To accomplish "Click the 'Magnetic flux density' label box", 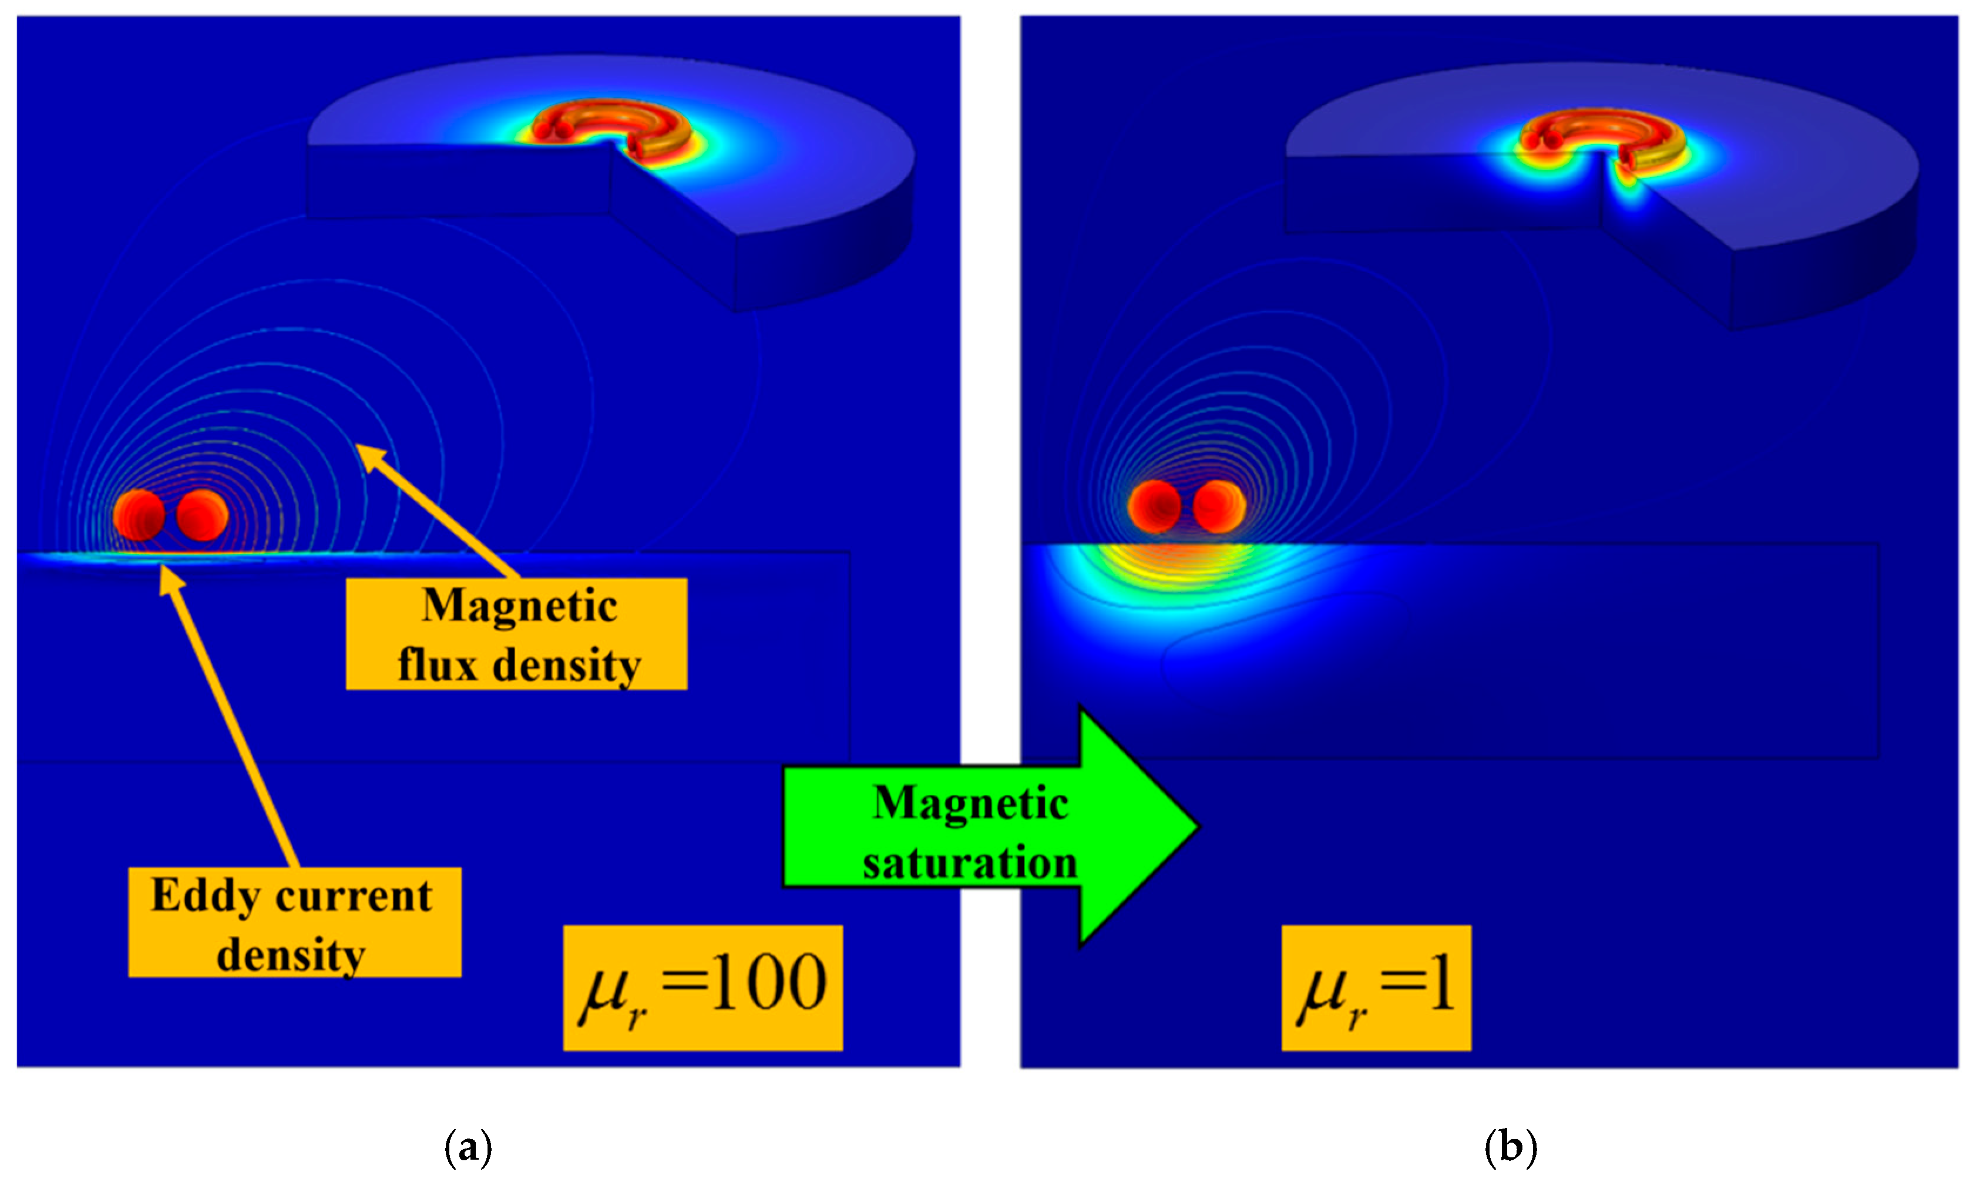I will [x=516, y=634].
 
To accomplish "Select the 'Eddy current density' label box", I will [x=295, y=922].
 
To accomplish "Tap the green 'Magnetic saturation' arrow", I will [x=987, y=828].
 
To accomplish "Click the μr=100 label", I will [x=702, y=988].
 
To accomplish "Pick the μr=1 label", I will [x=1376, y=988].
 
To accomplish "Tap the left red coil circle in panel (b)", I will [x=1154, y=506].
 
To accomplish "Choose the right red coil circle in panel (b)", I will [x=1219, y=506].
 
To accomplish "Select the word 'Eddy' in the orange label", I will [x=204, y=895].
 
